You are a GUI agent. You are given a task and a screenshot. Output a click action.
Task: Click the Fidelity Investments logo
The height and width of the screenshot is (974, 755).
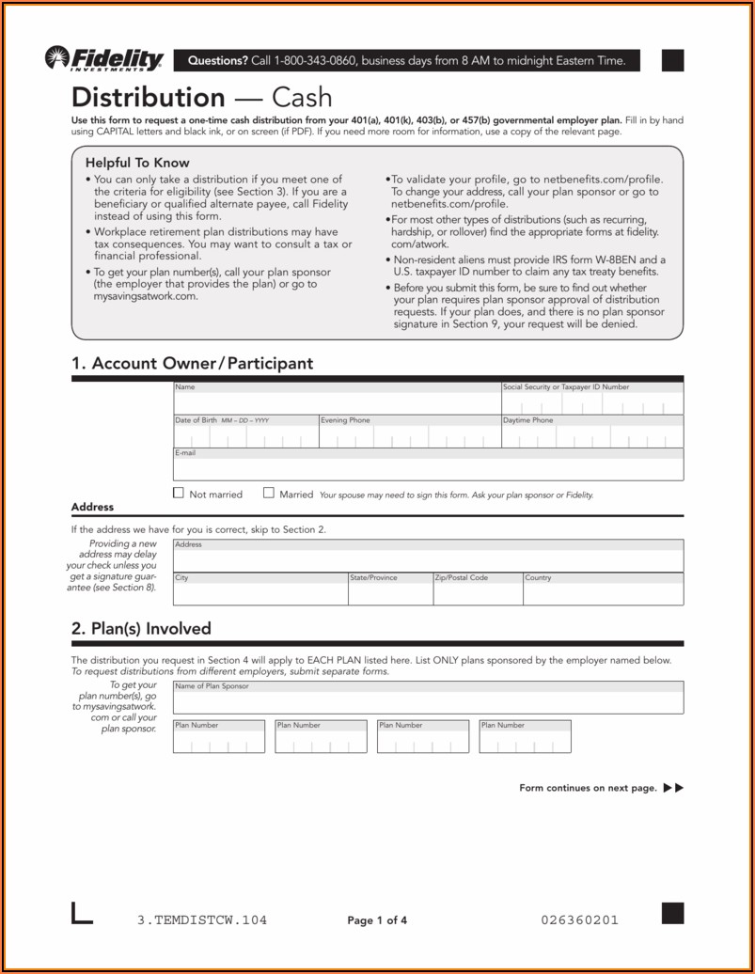(x=103, y=60)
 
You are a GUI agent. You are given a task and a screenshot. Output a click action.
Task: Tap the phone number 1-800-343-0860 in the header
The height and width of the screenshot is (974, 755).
(x=316, y=61)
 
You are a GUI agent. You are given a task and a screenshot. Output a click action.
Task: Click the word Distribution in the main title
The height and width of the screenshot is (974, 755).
(x=149, y=98)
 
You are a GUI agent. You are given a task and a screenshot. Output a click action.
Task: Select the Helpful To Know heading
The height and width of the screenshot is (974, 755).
(x=137, y=163)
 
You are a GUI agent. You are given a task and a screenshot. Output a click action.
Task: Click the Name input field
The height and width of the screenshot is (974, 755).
(x=336, y=402)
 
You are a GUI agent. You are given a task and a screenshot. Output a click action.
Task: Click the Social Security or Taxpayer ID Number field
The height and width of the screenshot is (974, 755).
(x=591, y=403)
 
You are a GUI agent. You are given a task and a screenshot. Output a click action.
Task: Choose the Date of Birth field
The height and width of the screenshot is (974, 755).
(x=244, y=436)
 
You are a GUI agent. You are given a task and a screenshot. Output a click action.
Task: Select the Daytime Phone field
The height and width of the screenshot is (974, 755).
(x=591, y=436)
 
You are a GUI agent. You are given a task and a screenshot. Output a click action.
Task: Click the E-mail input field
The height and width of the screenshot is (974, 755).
(x=428, y=468)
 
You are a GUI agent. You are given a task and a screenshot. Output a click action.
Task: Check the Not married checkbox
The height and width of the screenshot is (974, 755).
(x=179, y=494)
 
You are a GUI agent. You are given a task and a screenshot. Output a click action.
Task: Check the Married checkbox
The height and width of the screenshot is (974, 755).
(x=269, y=494)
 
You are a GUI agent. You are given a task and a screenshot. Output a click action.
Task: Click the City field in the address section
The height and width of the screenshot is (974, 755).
(x=259, y=592)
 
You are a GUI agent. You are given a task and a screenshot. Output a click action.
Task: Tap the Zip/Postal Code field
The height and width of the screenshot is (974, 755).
(x=476, y=592)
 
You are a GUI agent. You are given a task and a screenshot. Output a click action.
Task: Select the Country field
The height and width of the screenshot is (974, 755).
(x=602, y=592)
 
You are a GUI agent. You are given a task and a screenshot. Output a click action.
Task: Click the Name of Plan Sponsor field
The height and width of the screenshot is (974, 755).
(x=428, y=701)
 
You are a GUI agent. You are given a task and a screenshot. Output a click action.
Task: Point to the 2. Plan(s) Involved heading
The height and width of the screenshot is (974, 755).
(x=141, y=628)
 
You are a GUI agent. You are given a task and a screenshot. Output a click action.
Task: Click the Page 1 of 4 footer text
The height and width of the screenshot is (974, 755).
(x=377, y=920)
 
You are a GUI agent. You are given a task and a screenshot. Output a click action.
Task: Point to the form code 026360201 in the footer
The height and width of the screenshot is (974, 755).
(x=580, y=920)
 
